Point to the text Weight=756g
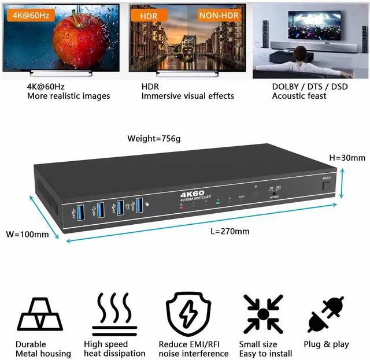(x=154, y=139)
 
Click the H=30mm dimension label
(x=347, y=158)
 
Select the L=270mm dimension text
(x=231, y=231)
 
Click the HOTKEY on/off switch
(x=274, y=190)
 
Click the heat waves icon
(x=114, y=313)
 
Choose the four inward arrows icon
(x=263, y=314)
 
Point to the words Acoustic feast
(x=299, y=96)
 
